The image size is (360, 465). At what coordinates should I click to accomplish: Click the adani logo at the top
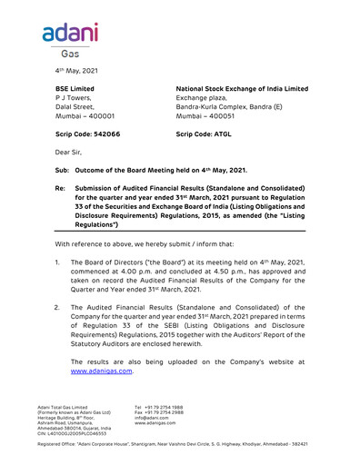click(69, 35)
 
